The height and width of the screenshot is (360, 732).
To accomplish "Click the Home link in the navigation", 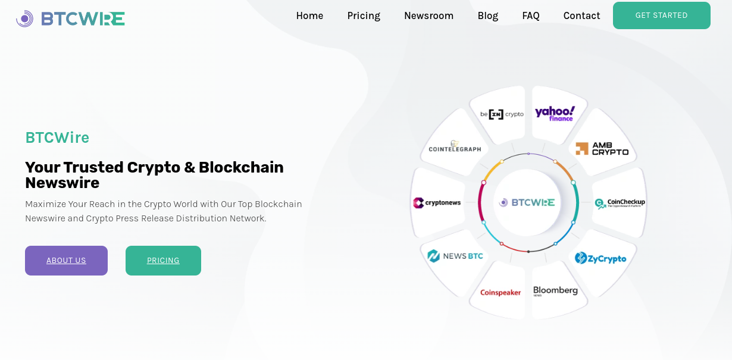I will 309,16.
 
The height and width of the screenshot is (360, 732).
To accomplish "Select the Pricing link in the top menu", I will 364,16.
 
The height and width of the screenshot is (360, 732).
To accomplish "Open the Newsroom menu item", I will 428,16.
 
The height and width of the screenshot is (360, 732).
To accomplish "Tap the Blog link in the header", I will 487,16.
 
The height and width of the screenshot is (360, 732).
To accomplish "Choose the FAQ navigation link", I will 531,16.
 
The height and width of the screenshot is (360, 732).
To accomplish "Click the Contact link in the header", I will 581,16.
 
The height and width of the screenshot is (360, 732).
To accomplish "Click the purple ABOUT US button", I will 66,261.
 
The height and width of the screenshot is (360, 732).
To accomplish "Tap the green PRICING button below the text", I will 163,261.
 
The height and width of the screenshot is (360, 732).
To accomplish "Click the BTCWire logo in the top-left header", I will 70,18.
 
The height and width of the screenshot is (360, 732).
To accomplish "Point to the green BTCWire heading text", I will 57,137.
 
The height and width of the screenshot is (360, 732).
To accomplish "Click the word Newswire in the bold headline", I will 62,183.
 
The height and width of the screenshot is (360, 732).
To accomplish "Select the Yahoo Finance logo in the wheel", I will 555,113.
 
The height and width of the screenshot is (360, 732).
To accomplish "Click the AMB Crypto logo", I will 602,149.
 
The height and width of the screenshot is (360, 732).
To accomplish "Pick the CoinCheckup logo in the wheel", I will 620,204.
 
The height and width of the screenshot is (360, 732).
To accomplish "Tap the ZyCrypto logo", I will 600,258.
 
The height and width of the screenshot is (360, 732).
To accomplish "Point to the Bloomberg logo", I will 555,291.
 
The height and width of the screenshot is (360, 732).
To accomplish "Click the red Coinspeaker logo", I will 500,293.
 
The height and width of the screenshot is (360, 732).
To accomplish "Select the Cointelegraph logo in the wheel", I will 455,147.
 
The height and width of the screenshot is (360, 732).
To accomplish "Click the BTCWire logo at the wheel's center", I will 527,203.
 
